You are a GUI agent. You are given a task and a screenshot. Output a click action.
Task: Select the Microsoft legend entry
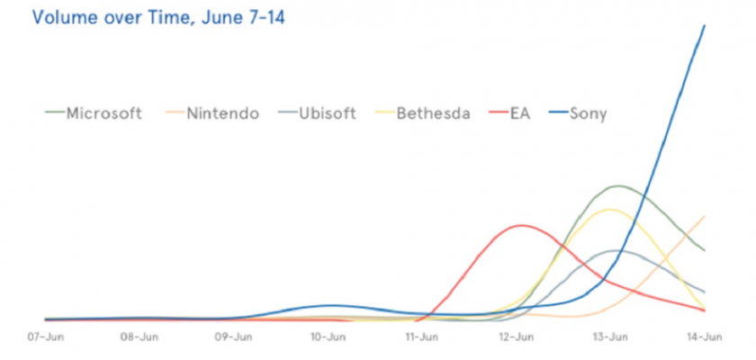94,113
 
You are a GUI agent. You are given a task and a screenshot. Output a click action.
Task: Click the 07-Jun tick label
45,338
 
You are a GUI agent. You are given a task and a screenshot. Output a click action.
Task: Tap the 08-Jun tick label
139,338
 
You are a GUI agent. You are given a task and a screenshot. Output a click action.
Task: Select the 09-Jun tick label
233,338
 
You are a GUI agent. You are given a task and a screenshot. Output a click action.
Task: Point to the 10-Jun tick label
328,338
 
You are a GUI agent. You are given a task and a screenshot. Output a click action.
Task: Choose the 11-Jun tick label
421,338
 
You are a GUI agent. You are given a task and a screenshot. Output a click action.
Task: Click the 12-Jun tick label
516,338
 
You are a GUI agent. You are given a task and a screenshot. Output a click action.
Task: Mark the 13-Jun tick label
610,338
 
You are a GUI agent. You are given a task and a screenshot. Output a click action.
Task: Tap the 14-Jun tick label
704,338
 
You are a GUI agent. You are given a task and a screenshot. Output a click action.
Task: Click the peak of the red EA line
521,225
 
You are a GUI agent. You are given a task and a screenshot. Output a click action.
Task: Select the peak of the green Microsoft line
617,186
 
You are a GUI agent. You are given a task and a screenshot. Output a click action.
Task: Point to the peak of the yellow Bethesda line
611,210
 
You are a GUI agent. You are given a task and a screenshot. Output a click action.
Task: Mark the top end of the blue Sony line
704,25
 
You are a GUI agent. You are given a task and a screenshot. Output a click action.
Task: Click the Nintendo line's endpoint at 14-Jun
704,216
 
